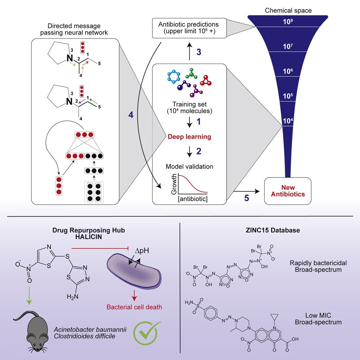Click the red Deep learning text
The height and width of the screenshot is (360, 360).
189,137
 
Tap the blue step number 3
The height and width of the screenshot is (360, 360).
198,52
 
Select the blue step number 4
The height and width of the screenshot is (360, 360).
131,115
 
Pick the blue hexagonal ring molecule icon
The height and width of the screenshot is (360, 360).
174,76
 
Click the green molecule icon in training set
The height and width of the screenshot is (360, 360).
192,74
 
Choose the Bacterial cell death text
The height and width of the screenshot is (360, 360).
134,308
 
